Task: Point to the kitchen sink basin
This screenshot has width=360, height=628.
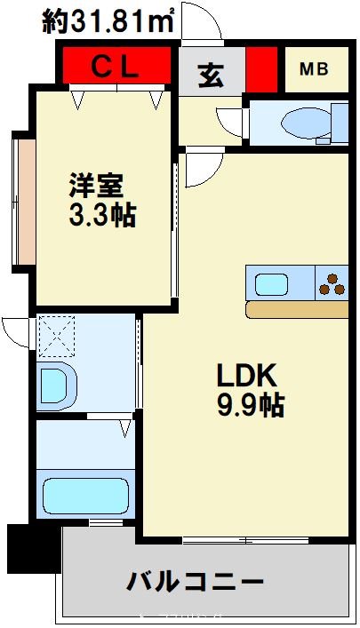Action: (272, 284)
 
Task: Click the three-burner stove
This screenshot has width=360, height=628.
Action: (332, 284)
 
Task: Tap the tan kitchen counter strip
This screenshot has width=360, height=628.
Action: (297, 309)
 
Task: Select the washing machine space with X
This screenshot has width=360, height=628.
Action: (57, 338)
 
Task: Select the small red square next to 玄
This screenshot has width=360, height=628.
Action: (261, 69)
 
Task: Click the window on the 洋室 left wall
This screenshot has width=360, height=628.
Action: (23, 200)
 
